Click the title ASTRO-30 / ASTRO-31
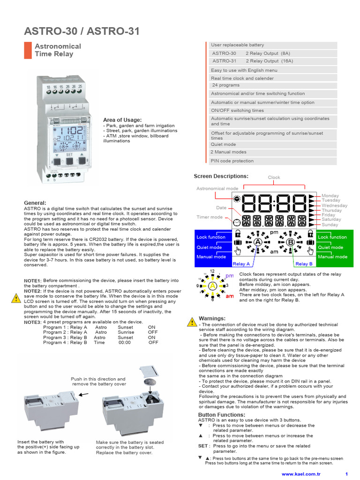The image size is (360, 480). pyautogui.click(x=82, y=31)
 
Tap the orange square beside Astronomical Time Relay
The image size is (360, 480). pyautogui.click(x=28, y=50)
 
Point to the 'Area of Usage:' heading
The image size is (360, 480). pyautogui.click(x=122, y=120)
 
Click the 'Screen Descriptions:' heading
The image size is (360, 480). pyautogui.click(x=221, y=176)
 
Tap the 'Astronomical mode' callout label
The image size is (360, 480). pyautogui.click(x=217, y=188)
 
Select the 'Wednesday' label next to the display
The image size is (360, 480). pyautogui.click(x=334, y=205)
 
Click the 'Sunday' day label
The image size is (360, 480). pyautogui.click(x=330, y=225)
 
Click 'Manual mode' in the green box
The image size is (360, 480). pyautogui.click(x=332, y=257)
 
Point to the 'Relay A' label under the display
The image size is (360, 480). pyautogui.click(x=241, y=264)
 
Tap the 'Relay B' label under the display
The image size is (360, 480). pyautogui.click(x=304, y=264)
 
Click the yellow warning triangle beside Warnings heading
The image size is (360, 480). pyautogui.click(x=191, y=322)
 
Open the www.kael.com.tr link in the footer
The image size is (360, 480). pyautogui.click(x=300, y=474)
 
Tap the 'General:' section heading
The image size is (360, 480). pyautogui.click(x=35, y=202)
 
